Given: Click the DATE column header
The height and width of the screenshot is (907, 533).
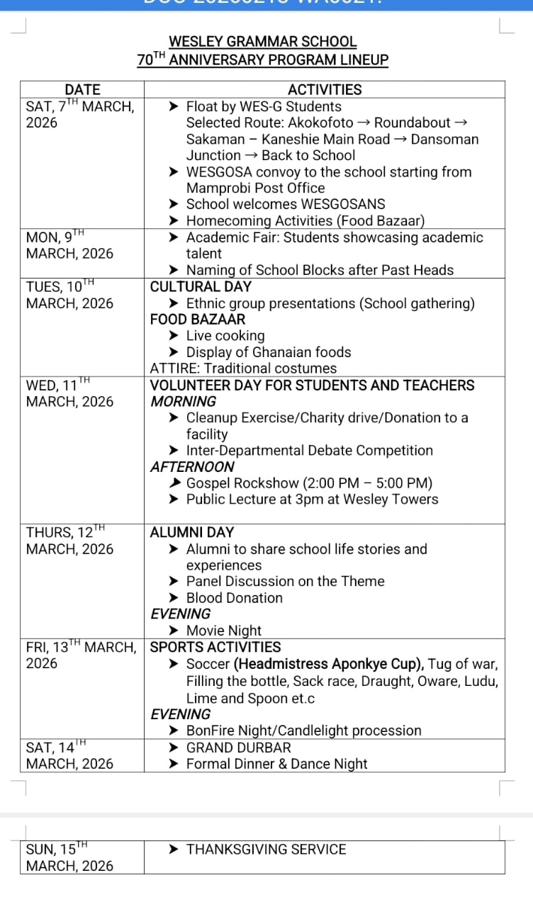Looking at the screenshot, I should click(x=82, y=90).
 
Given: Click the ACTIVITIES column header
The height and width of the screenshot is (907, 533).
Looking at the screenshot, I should click(x=325, y=90).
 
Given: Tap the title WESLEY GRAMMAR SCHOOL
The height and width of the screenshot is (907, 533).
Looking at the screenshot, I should click(x=263, y=43).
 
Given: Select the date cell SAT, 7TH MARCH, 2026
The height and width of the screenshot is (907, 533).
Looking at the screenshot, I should click(x=79, y=114).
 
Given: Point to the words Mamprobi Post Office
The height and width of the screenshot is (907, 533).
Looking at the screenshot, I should click(x=255, y=188).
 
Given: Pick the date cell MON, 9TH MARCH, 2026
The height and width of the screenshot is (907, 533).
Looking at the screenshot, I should click(x=69, y=245).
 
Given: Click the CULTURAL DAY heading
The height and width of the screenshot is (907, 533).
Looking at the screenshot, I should click(x=201, y=287).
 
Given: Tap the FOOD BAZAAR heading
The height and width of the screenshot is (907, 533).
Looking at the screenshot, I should click(x=198, y=320).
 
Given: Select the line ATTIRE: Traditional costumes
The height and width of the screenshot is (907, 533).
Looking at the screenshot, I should click(x=243, y=368).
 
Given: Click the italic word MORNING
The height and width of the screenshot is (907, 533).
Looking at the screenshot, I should click(x=183, y=402).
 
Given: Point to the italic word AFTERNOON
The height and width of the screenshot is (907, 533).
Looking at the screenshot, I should click(x=192, y=467).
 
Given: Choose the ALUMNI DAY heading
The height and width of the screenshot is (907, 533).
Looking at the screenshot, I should click(x=192, y=532).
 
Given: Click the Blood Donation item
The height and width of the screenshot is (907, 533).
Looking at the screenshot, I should click(x=234, y=598).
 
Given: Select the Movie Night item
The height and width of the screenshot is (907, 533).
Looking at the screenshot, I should click(x=223, y=631).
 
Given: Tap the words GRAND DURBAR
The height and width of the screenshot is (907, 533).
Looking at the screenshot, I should click(x=238, y=748).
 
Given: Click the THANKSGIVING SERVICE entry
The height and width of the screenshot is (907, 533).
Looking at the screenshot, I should click(x=266, y=850).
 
